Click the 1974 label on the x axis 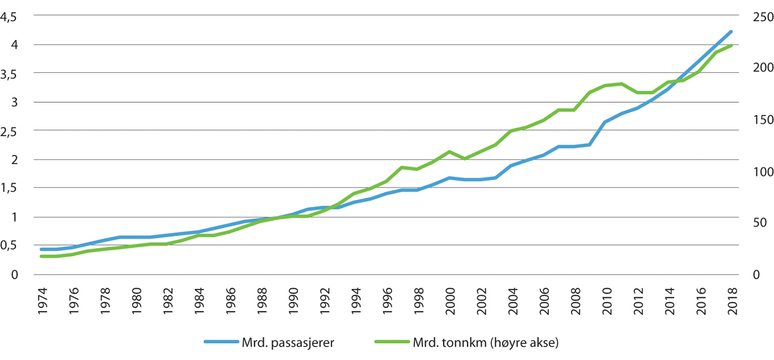[42, 299]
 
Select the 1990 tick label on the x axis [292, 299]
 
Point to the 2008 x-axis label [574, 299]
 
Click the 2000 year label [449, 299]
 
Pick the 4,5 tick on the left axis [12, 17]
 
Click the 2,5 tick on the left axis [12, 131]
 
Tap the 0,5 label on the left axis [12, 245]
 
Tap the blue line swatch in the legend [224, 342]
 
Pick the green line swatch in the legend [392, 342]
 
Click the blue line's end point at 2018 [731, 31]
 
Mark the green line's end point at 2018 [731, 46]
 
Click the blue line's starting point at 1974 [42, 249]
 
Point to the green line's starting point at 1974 [42, 256]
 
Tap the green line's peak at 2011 [621, 84]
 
